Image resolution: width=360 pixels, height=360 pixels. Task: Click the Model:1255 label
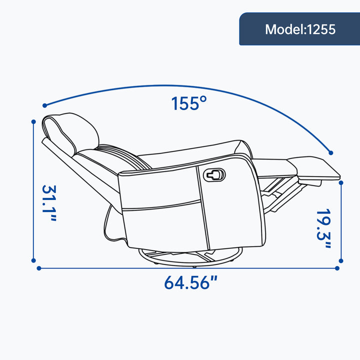300,29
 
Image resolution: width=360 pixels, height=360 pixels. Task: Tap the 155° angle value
189,103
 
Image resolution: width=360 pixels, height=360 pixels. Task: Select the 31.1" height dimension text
49,203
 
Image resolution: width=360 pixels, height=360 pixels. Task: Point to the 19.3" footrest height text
323,228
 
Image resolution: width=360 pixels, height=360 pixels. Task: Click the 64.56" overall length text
190,282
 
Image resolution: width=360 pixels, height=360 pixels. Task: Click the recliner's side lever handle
214,175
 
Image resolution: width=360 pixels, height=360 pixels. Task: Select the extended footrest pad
314,168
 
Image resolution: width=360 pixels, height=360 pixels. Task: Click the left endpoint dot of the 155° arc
45,105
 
